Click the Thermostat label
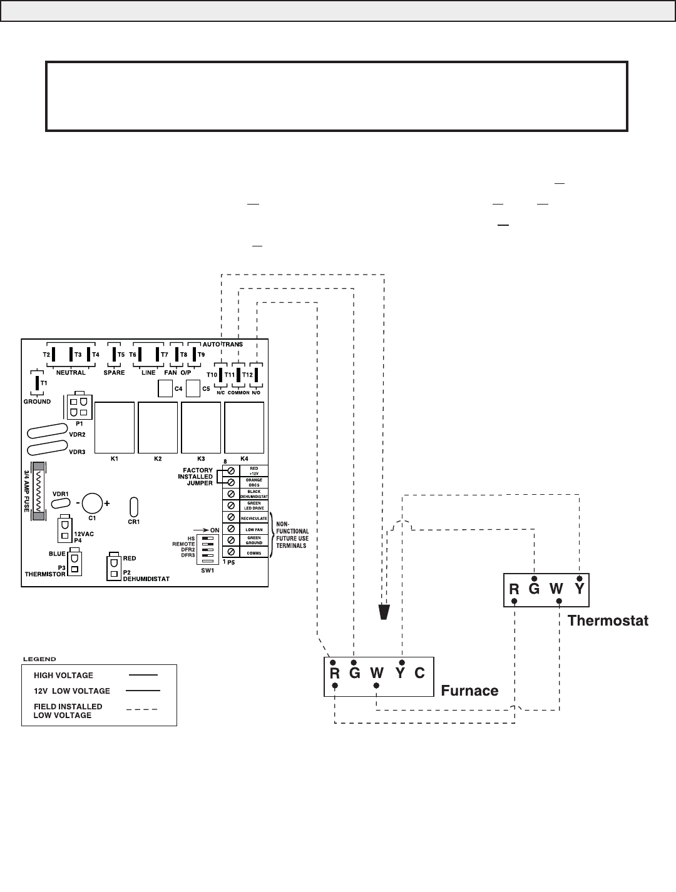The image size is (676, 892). click(607, 621)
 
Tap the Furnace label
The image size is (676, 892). click(469, 691)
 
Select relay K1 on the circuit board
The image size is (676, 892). click(115, 427)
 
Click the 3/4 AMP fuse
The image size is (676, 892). click(39, 491)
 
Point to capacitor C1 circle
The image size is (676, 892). click(92, 503)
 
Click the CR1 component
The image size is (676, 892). click(134, 506)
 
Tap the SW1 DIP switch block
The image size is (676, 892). click(208, 549)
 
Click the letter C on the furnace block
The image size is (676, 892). click(419, 673)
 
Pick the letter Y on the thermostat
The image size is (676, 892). click(580, 589)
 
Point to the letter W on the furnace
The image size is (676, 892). click(376, 673)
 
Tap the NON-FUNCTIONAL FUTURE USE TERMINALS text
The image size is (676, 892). click(292, 535)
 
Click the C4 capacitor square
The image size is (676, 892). click(165, 389)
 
